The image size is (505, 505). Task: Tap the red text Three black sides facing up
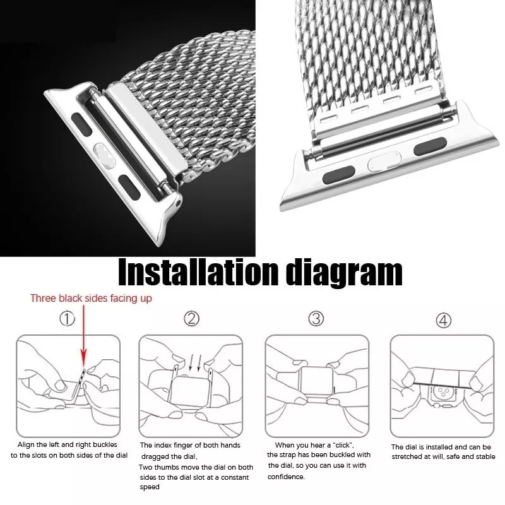(x=91, y=298)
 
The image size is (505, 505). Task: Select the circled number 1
(x=67, y=319)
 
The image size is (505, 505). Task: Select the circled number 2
(x=192, y=319)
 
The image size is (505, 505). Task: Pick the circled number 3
(x=316, y=319)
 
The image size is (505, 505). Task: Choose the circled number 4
(x=444, y=320)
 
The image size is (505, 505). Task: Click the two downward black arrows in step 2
(x=196, y=362)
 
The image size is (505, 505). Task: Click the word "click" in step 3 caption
(x=343, y=445)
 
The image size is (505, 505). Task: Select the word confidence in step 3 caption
(x=286, y=477)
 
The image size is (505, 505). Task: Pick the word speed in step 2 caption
(x=150, y=487)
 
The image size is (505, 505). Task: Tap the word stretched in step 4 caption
(x=407, y=456)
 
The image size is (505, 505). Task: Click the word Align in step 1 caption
(x=26, y=445)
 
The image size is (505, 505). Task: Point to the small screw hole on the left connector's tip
(x=178, y=203)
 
